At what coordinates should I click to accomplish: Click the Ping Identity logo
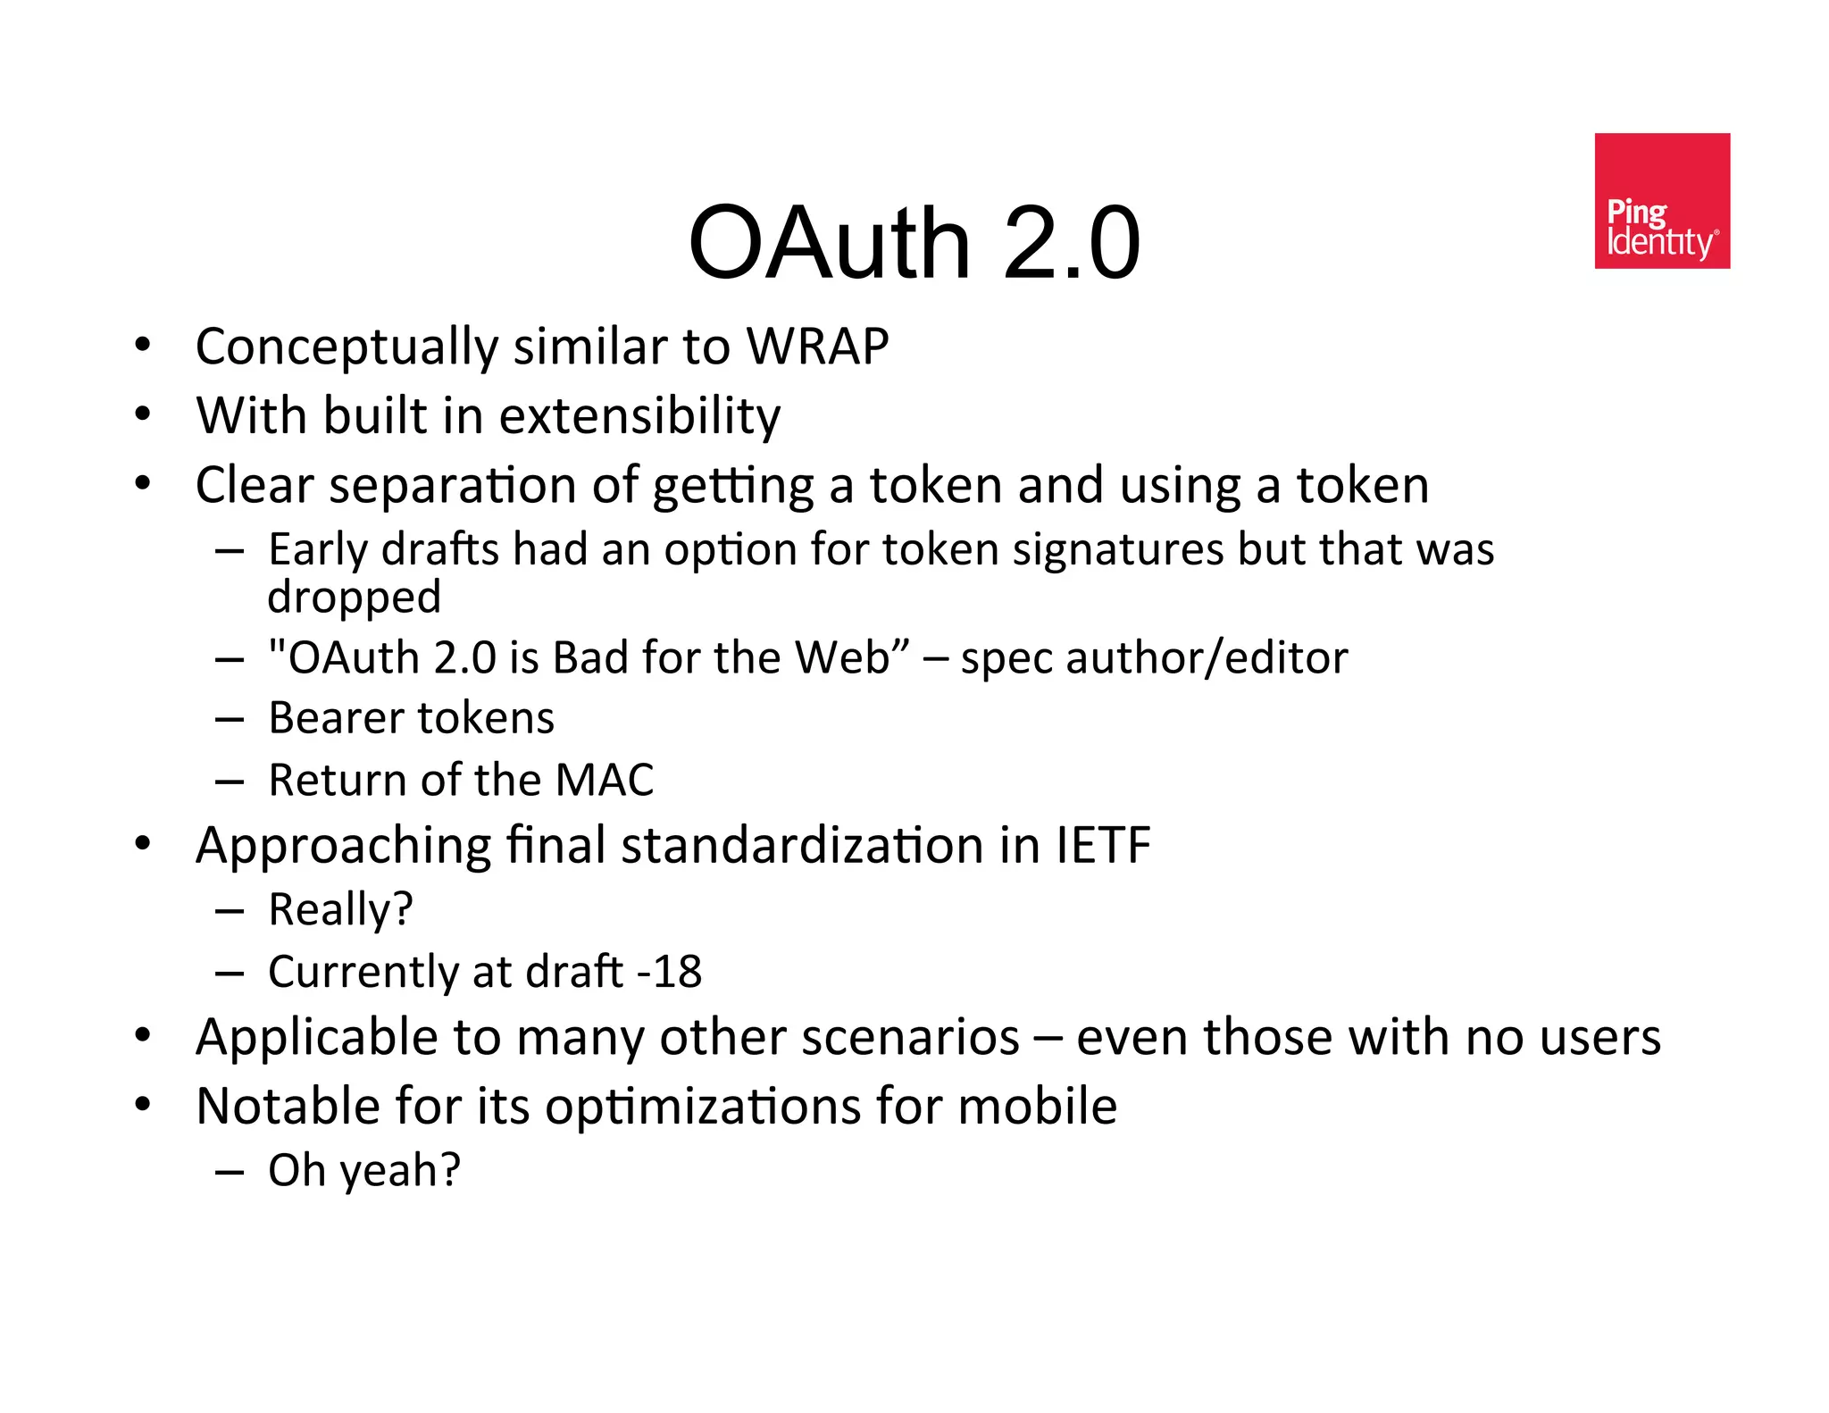(1661, 201)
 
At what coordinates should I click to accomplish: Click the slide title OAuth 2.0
(914, 243)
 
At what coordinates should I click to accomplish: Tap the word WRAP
(817, 347)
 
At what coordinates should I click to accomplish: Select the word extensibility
(639, 416)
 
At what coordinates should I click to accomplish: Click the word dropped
(354, 597)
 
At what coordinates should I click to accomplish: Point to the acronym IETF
(1103, 845)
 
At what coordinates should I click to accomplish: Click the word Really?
(340, 910)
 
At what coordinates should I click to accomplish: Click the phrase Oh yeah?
(364, 1170)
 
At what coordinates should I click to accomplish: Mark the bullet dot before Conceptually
(143, 345)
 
